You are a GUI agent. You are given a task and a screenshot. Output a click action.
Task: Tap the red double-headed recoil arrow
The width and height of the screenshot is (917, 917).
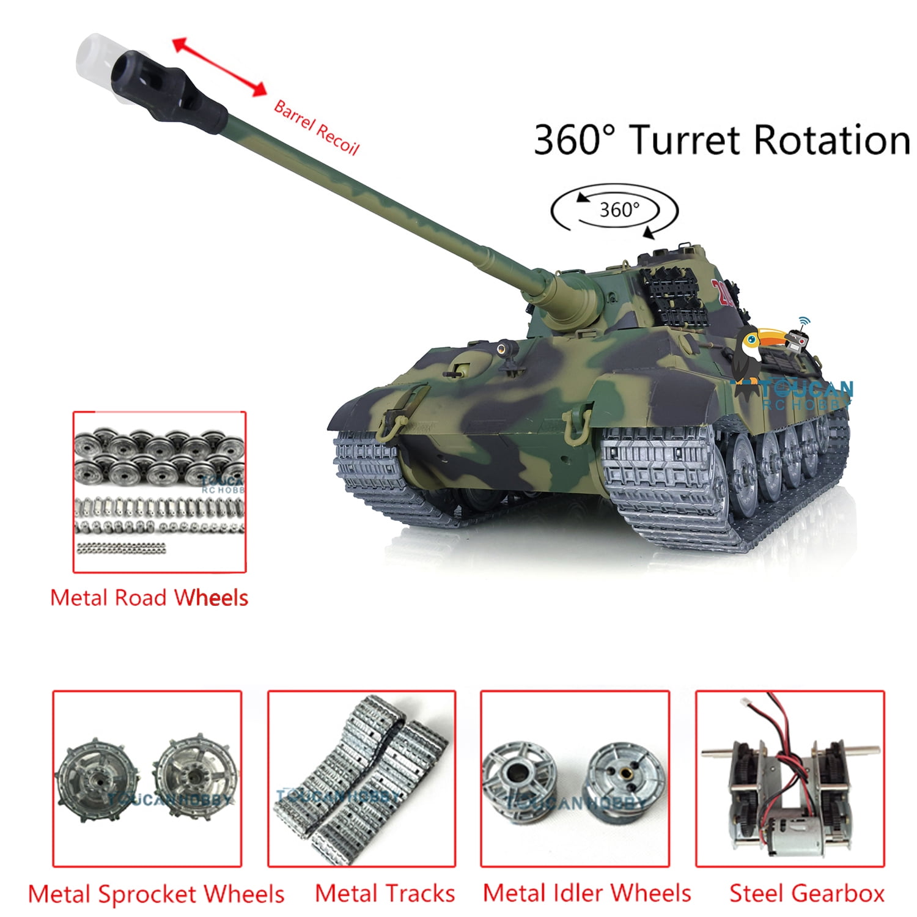(219, 67)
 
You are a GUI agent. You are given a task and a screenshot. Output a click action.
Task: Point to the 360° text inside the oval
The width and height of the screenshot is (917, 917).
(619, 210)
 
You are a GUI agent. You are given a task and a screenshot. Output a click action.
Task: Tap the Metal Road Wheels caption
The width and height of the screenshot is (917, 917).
(149, 597)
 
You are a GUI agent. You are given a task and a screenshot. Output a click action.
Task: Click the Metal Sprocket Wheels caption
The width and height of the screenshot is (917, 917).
(156, 894)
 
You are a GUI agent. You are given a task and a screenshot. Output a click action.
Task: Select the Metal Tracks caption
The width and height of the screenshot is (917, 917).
(385, 893)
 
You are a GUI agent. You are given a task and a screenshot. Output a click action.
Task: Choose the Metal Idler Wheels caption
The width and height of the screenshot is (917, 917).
(587, 893)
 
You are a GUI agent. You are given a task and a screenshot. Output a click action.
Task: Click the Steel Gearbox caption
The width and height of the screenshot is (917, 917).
(807, 893)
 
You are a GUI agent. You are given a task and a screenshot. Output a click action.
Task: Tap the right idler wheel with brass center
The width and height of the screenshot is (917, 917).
(625, 778)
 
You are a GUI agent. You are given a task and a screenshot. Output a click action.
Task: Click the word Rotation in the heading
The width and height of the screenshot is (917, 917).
(831, 140)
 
